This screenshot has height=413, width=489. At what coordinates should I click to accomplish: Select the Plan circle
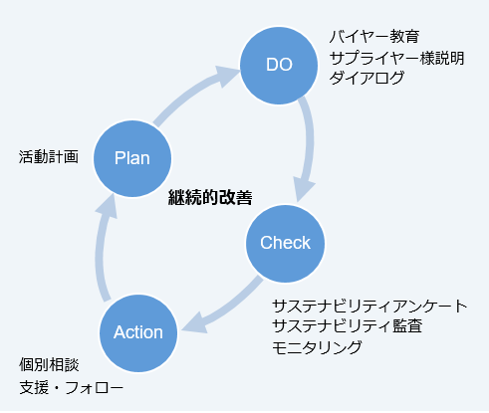[x=132, y=157]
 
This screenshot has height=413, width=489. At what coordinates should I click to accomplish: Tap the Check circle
[x=285, y=242]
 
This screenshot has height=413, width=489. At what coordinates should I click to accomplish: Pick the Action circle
[x=138, y=331]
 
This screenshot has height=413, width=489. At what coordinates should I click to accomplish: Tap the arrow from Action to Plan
[x=102, y=249]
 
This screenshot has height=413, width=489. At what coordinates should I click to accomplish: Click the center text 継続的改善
[x=210, y=198]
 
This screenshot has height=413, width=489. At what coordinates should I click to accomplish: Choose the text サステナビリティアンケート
[x=368, y=306]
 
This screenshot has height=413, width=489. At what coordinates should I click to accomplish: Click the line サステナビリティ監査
[x=349, y=325]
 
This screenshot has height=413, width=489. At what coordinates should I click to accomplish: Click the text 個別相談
[x=49, y=366]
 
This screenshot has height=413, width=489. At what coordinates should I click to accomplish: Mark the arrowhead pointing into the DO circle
[x=229, y=72]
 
